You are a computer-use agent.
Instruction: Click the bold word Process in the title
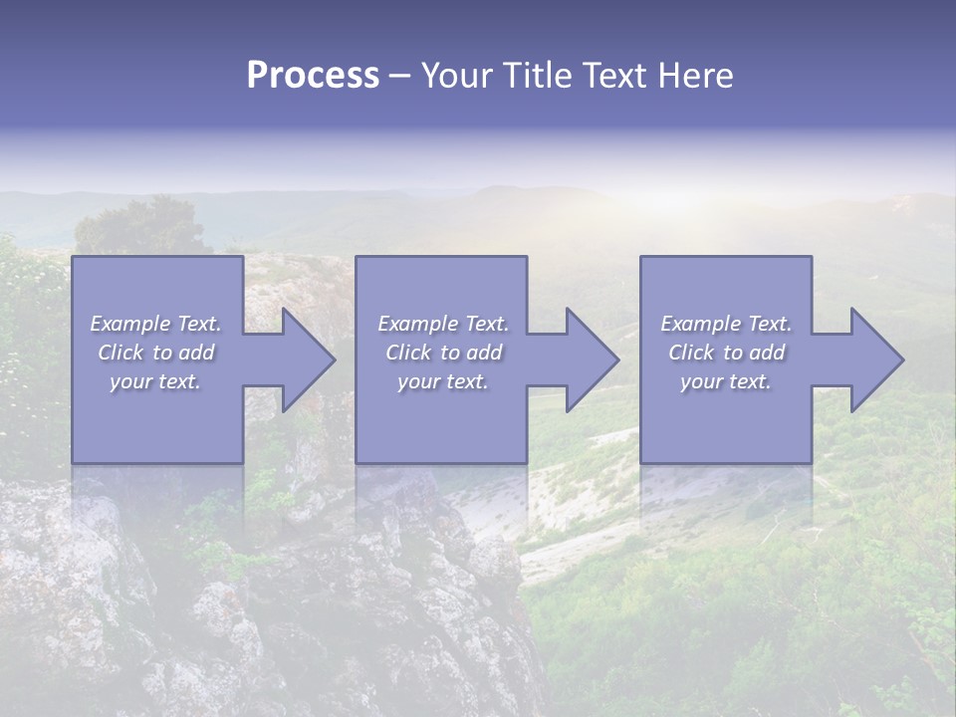tap(313, 76)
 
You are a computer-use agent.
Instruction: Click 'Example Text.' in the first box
tap(156, 324)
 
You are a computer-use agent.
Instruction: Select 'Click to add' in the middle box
tap(443, 353)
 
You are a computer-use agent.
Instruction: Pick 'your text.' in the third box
tap(726, 381)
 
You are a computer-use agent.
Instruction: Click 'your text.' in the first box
tap(156, 381)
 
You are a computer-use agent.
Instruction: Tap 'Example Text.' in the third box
tap(726, 324)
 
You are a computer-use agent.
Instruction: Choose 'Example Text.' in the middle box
tap(443, 324)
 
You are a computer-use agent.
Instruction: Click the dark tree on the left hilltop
tap(139, 229)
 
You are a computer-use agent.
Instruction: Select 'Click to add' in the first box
tap(156, 353)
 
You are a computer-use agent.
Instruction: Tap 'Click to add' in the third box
tap(726, 353)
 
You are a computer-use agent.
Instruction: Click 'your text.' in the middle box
tap(443, 381)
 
